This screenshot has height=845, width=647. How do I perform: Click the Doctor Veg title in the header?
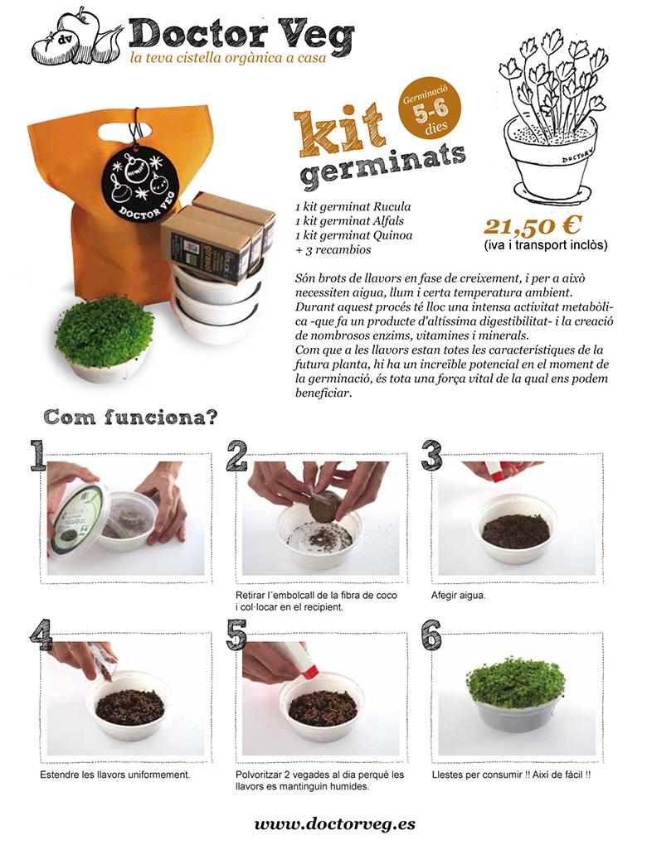(241, 33)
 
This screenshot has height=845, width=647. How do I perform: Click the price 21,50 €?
(532, 225)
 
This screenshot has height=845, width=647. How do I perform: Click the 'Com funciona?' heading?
(130, 417)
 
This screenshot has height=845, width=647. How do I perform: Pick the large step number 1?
(37, 456)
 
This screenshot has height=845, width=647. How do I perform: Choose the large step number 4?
(41, 635)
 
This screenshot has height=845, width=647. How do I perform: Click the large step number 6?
(431, 635)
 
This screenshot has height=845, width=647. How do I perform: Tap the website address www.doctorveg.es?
(334, 824)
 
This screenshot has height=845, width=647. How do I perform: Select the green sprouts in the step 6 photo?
(515, 681)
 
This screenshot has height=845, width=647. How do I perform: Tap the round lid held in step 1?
(79, 519)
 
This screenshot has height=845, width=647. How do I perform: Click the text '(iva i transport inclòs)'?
(546, 245)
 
